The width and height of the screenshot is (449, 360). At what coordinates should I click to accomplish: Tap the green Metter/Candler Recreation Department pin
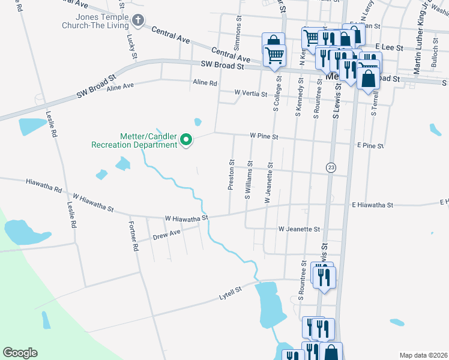click(186, 140)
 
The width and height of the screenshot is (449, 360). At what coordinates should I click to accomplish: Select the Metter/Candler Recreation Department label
click(134, 140)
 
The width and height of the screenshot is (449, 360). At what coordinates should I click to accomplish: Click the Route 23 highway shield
click(330, 167)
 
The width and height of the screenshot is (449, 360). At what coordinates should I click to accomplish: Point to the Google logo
click(20, 353)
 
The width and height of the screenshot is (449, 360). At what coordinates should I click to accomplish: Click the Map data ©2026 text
click(423, 355)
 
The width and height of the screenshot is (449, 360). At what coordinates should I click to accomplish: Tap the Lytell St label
click(230, 293)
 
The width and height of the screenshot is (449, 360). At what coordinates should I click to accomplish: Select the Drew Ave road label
click(166, 235)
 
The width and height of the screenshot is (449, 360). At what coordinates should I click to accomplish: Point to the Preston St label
click(231, 175)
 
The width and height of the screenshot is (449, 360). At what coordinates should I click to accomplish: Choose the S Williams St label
click(247, 179)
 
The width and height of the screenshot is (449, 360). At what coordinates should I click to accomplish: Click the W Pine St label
click(264, 136)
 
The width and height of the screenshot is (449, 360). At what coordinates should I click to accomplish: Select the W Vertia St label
click(250, 94)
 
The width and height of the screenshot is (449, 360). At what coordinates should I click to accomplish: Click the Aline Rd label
click(205, 83)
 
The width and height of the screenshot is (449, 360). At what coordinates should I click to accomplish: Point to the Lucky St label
click(131, 47)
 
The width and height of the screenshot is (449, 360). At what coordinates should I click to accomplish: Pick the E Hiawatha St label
click(372, 205)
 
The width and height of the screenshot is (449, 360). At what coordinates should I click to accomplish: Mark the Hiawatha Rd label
click(44, 185)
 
